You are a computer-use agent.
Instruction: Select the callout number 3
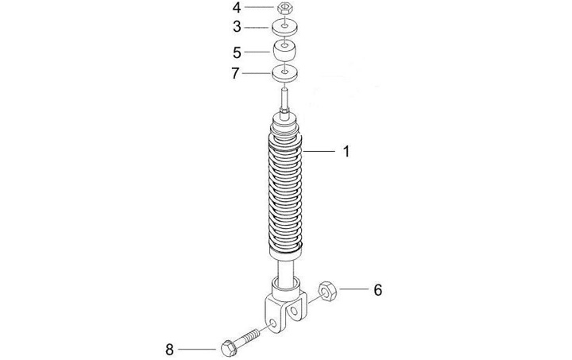[237, 27]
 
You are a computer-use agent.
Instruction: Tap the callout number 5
[237, 52]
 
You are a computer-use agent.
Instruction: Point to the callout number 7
[237, 75]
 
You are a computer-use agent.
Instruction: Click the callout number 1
[346, 151]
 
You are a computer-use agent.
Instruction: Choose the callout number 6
[378, 290]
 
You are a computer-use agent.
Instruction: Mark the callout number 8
[169, 348]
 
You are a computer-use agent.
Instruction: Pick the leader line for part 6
[354, 289]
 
